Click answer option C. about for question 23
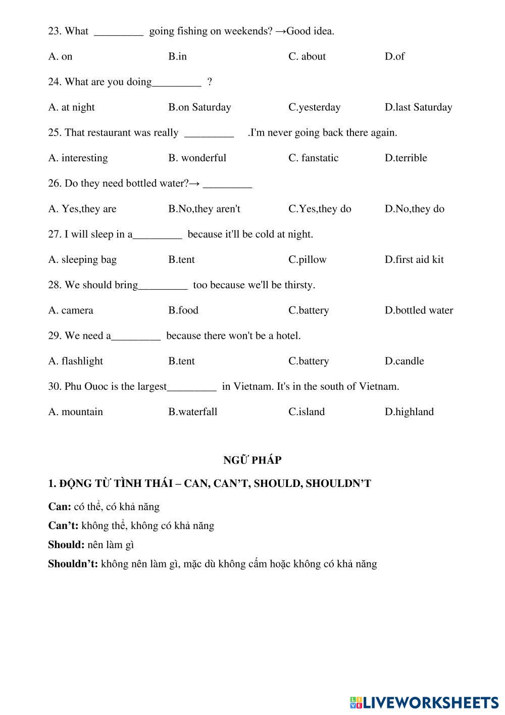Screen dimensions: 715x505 [307, 57]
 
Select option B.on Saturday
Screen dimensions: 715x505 [199, 107]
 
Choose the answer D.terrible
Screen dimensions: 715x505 [406, 158]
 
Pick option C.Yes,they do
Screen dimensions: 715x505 [320, 209]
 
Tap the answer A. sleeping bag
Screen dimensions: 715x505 [82, 259]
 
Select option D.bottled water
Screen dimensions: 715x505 [419, 310]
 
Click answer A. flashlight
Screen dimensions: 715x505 [75, 361]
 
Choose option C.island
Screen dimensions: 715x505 [307, 412]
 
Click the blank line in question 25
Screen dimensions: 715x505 [209, 134]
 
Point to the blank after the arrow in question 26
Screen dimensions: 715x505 [227, 185]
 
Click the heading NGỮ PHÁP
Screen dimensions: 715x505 [252, 460]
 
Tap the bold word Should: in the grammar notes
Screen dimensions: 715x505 [66, 545]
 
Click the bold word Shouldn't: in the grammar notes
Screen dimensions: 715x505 [73, 564]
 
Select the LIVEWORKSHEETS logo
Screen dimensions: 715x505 [424, 702]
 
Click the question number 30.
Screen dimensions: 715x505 [55, 386]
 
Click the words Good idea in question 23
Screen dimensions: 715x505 [310, 31]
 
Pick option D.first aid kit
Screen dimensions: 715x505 [414, 259]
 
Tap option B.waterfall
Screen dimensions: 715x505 [193, 412]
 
